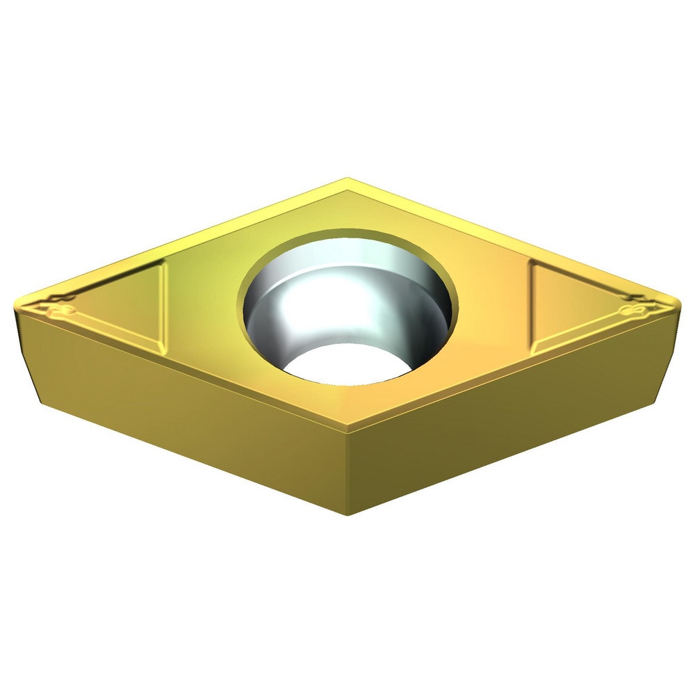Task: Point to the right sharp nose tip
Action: coord(676,304)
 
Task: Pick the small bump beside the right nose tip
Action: coord(635,306)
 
